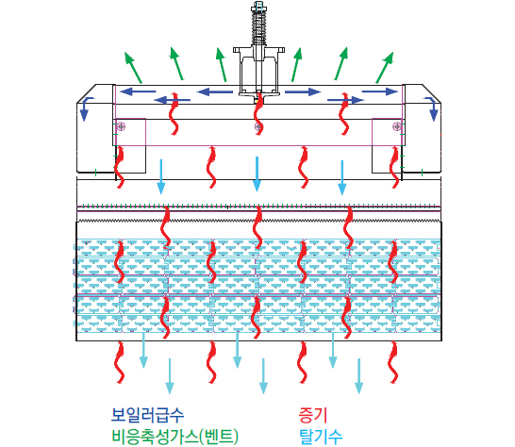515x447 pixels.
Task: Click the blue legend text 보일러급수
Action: (147, 415)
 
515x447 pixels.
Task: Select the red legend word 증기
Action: (313, 415)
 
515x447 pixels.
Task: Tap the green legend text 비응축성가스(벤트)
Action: (175, 437)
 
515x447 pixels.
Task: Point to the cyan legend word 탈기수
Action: (321, 437)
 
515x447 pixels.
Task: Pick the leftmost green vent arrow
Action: (133, 67)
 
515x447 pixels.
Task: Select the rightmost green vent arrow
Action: (385, 67)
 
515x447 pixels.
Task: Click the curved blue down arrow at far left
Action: (85, 108)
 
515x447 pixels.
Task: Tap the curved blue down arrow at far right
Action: (432, 108)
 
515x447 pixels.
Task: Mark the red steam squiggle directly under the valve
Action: (258, 113)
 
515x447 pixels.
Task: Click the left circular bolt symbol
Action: (121, 126)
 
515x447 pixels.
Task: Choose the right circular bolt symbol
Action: (397, 126)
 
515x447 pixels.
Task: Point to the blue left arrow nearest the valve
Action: (215, 91)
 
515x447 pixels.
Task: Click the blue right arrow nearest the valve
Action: (303, 91)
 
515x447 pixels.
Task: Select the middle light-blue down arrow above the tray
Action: (257, 174)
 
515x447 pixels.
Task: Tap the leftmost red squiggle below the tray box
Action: (120, 362)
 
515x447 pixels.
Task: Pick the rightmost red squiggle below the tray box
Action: (393, 362)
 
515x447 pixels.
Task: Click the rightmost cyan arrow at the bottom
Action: (358, 376)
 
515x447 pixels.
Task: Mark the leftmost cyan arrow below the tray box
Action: (143, 350)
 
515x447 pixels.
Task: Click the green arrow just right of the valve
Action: (297, 64)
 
